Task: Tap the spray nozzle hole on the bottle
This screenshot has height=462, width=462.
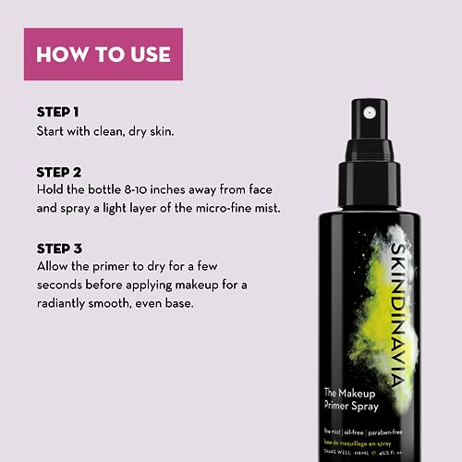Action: (x=370, y=112)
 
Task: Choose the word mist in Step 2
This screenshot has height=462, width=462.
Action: (x=265, y=209)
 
